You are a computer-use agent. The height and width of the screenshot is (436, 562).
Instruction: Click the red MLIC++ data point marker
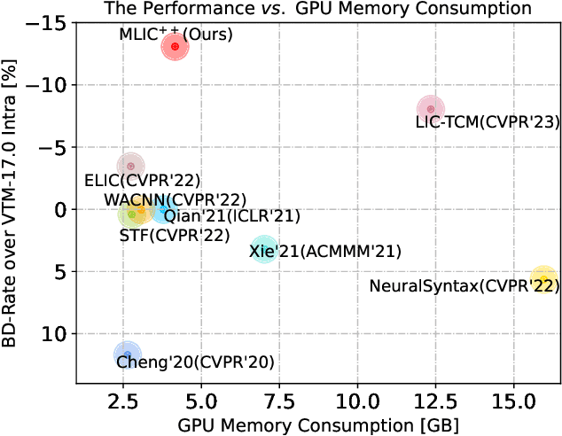click(175, 46)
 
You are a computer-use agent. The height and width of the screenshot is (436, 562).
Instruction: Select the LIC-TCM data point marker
click(431, 109)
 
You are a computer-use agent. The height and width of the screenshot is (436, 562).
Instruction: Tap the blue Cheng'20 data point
click(128, 355)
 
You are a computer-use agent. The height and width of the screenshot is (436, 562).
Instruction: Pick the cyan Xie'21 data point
click(263, 249)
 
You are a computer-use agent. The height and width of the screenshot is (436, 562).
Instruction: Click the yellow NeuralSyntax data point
click(543, 278)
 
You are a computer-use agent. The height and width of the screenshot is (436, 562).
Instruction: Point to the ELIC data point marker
click(131, 166)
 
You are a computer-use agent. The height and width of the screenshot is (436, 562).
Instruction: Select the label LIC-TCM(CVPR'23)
click(488, 122)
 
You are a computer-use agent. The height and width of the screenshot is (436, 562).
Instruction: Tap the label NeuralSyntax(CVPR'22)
click(464, 285)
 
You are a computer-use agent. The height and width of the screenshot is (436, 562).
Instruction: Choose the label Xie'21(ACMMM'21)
click(325, 252)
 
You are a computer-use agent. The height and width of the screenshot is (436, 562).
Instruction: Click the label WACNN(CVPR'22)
click(175, 199)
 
